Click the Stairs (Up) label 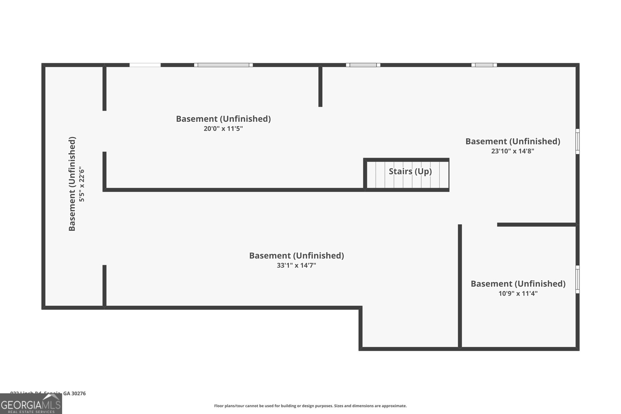pos(410,171)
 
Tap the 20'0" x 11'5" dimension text pos(223,128)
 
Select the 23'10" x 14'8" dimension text pos(513,151)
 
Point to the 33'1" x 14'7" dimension pos(297,265)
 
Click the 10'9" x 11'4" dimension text pos(518,293)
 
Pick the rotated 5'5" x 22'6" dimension pos(82,184)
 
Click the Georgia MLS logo pos(31,404)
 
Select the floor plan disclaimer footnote pos(310,406)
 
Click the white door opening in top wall pos(145,65)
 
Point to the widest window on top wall pos(223,65)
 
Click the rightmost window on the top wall pos(484,65)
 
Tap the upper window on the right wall pos(577,141)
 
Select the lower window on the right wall pos(577,279)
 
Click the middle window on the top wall pos(363,65)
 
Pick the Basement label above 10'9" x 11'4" pos(518,284)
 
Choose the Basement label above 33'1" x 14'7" pos(297,255)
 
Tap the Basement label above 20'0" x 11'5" pos(223,119)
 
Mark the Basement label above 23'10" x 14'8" pos(513,141)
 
